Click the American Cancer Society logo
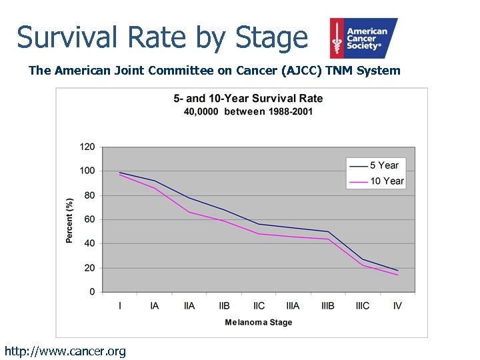click(363, 38)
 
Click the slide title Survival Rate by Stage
click(162, 37)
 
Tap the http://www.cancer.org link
click(65, 351)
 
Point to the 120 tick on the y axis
click(87, 147)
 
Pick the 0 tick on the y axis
click(92, 292)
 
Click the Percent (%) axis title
click(69, 220)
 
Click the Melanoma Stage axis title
click(258, 322)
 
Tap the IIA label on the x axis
click(189, 306)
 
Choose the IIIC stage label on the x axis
click(363, 306)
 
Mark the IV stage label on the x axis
click(397, 306)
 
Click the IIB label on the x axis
click(224, 306)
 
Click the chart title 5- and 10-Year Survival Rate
click(248, 98)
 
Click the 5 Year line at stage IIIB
click(328, 231)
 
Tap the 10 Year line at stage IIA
click(189, 212)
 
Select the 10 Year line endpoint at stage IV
click(397, 275)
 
